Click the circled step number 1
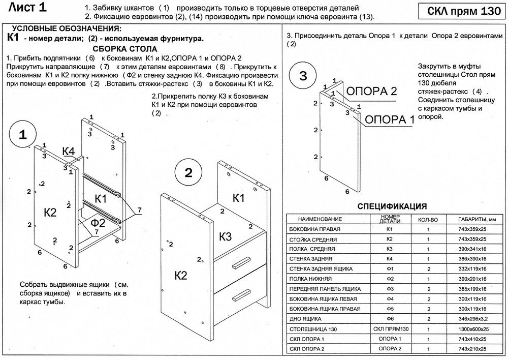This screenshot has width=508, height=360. pyautogui.click(x=22, y=134)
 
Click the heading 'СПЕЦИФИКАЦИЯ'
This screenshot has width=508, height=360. pyautogui.click(x=392, y=206)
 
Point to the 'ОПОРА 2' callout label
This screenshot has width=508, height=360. pyautogui.click(x=371, y=91)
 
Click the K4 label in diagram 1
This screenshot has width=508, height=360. pyautogui.click(x=69, y=151)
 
